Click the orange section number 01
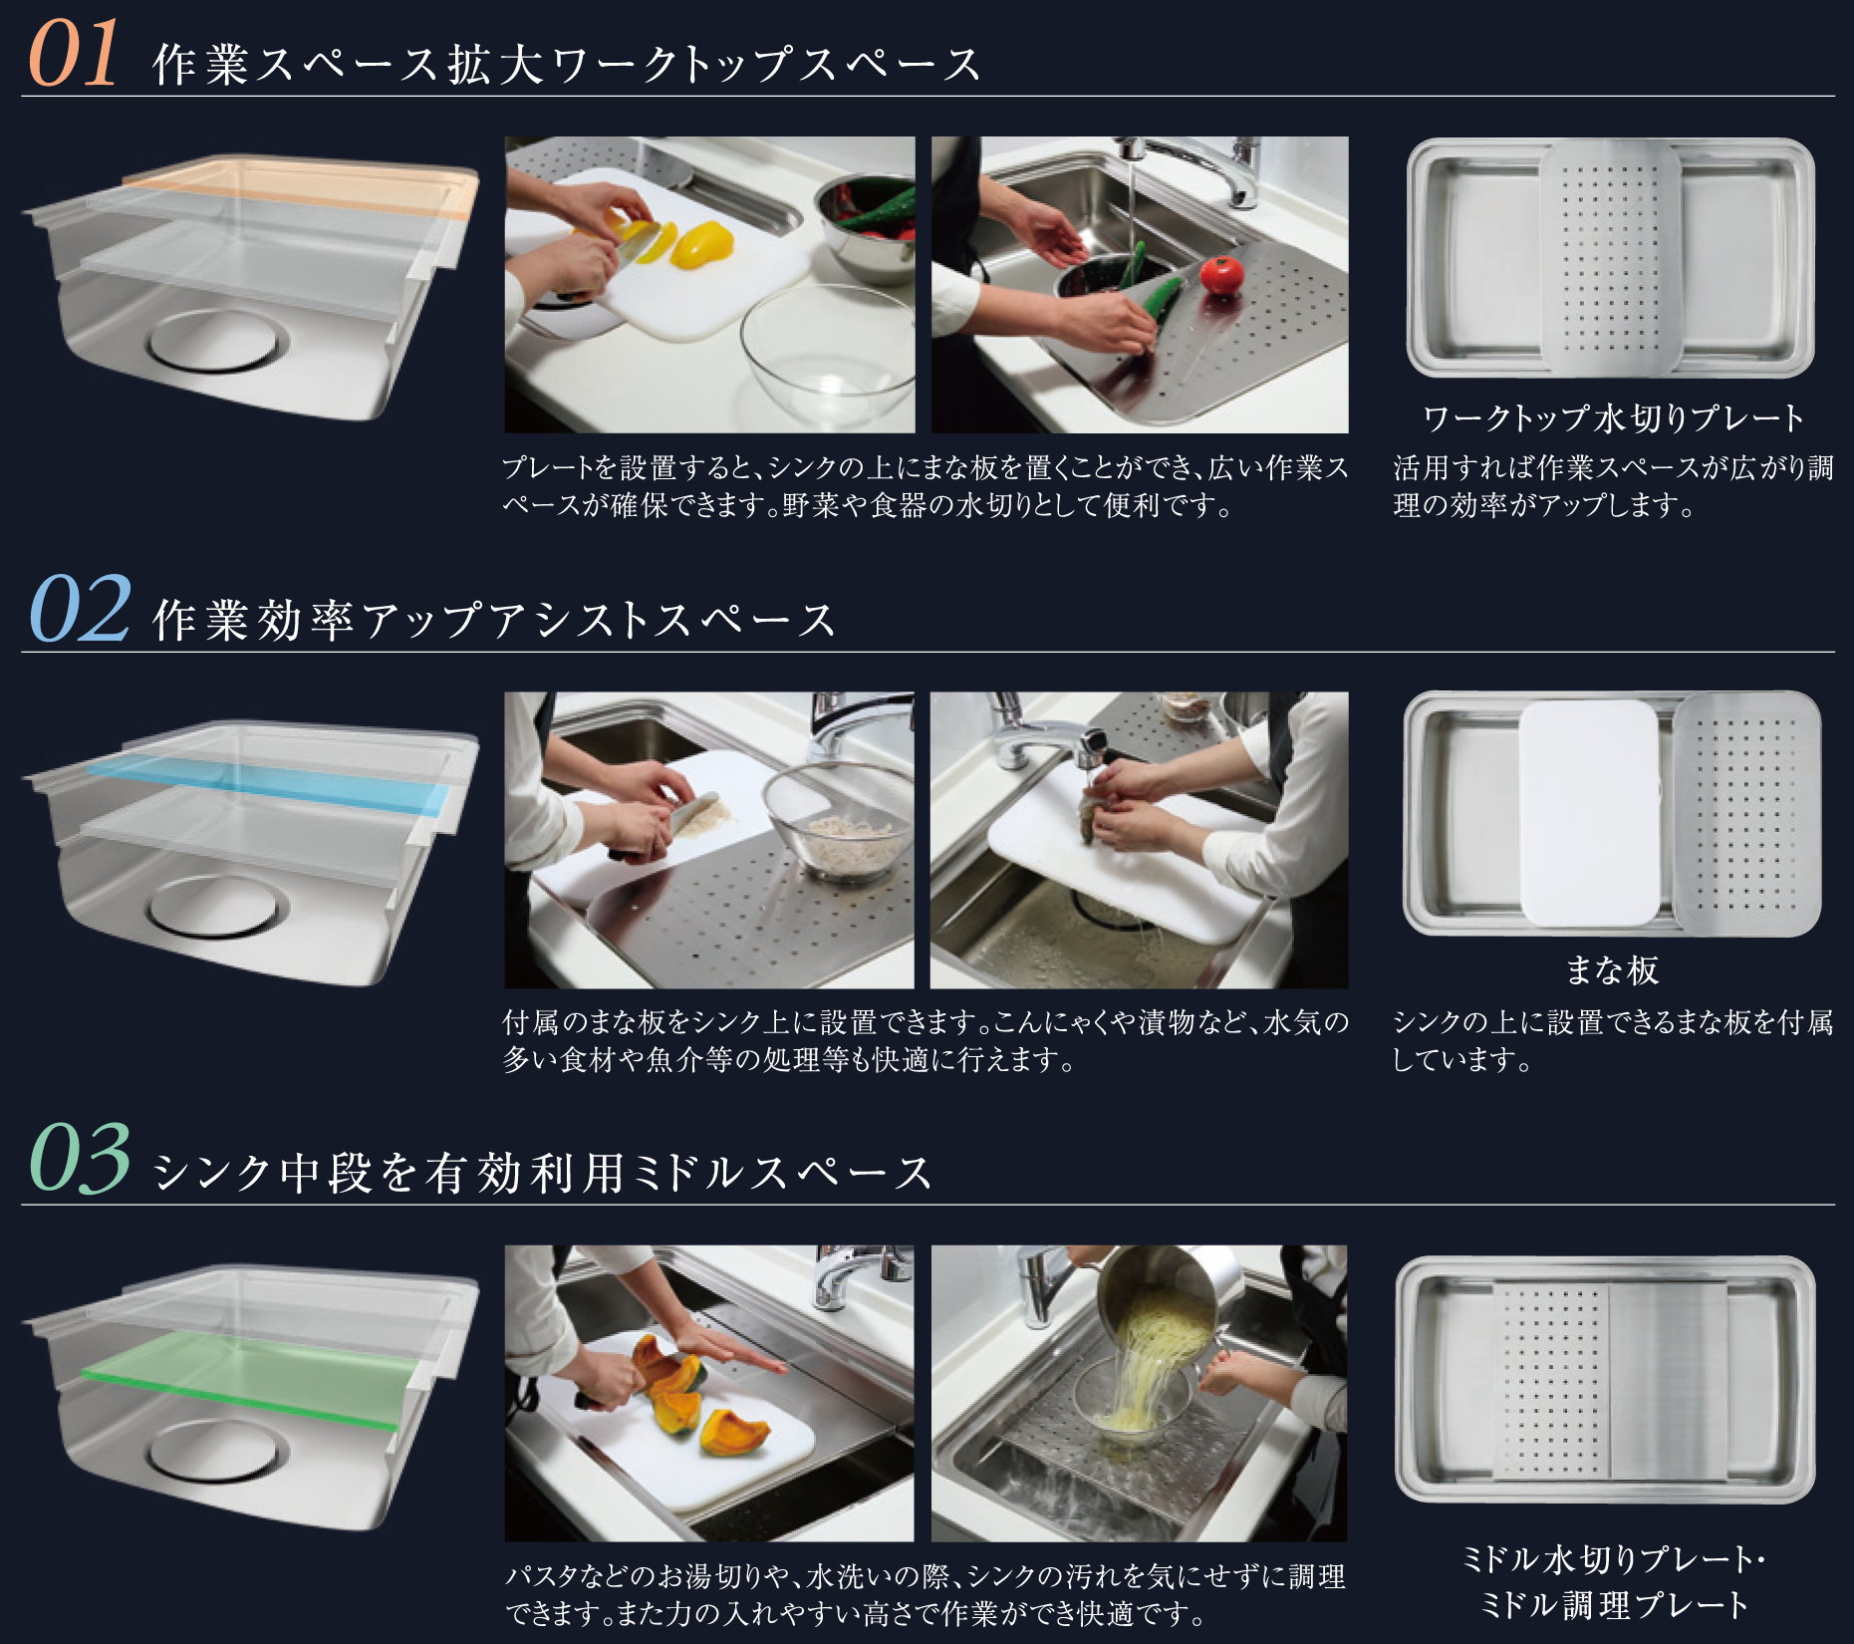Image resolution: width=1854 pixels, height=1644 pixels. click(x=74, y=54)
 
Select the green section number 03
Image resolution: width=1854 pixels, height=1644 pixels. click(x=80, y=1158)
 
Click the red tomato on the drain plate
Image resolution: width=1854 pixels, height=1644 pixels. click(x=1221, y=273)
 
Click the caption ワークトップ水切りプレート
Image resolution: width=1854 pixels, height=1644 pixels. click(x=1613, y=418)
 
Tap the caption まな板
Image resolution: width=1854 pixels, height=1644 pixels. click(x=1612, y=970)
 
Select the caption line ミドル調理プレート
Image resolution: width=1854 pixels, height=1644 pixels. click(x=1613, y=1605)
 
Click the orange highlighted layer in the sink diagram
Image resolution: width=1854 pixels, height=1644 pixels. click(x=299, y=190)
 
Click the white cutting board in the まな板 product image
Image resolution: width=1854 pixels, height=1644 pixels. click(x=1590, y=813)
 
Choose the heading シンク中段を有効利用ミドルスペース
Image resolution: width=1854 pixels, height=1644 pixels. click(x=543, y=1172)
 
